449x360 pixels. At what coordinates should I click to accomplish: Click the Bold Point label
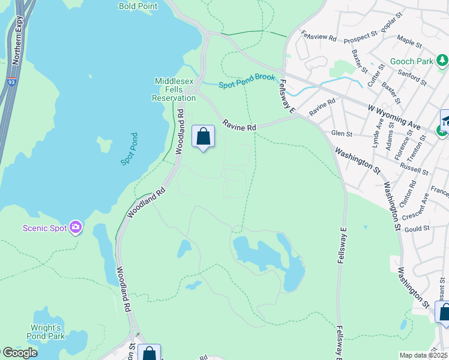coord(138,7)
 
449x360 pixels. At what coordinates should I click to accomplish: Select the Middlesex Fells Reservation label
coord(174,89)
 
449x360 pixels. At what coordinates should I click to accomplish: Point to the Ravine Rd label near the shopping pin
coord(240,126)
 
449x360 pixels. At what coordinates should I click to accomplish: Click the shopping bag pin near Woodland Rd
coord(203,137)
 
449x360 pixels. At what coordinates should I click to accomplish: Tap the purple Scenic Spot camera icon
coord(76,227)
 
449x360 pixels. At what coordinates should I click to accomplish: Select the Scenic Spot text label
coord(45,228)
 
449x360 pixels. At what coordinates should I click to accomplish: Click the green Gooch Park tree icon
coord(442,60)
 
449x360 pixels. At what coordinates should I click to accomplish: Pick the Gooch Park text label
coord(412,61)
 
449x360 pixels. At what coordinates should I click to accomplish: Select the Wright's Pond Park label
coord(47,332)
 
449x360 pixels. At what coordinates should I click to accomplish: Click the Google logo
coord(19,353)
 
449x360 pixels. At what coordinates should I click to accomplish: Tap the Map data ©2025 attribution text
coord(424,355)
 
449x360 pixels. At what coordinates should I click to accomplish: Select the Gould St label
coord(418,229)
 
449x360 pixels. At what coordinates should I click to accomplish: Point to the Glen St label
coord(341,133)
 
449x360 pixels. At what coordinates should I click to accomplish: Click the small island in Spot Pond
coord(104,145)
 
